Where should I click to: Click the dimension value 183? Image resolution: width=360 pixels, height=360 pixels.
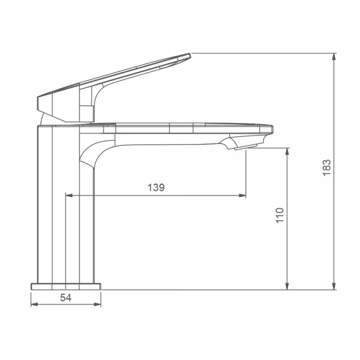326,167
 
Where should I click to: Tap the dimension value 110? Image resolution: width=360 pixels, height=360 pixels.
280,215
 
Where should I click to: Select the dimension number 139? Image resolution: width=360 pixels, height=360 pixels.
156,187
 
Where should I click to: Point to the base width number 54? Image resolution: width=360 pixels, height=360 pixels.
65,298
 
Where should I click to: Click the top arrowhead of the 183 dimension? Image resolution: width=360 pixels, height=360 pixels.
334,57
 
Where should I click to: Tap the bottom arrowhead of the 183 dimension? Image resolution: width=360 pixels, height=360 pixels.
334,286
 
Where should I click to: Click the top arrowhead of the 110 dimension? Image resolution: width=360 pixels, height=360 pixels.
287,152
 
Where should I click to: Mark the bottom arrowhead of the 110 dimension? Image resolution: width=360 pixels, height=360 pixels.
287,286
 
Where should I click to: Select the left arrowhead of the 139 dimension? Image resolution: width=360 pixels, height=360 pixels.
69,196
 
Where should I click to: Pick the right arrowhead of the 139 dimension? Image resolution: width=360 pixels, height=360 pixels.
242,196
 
